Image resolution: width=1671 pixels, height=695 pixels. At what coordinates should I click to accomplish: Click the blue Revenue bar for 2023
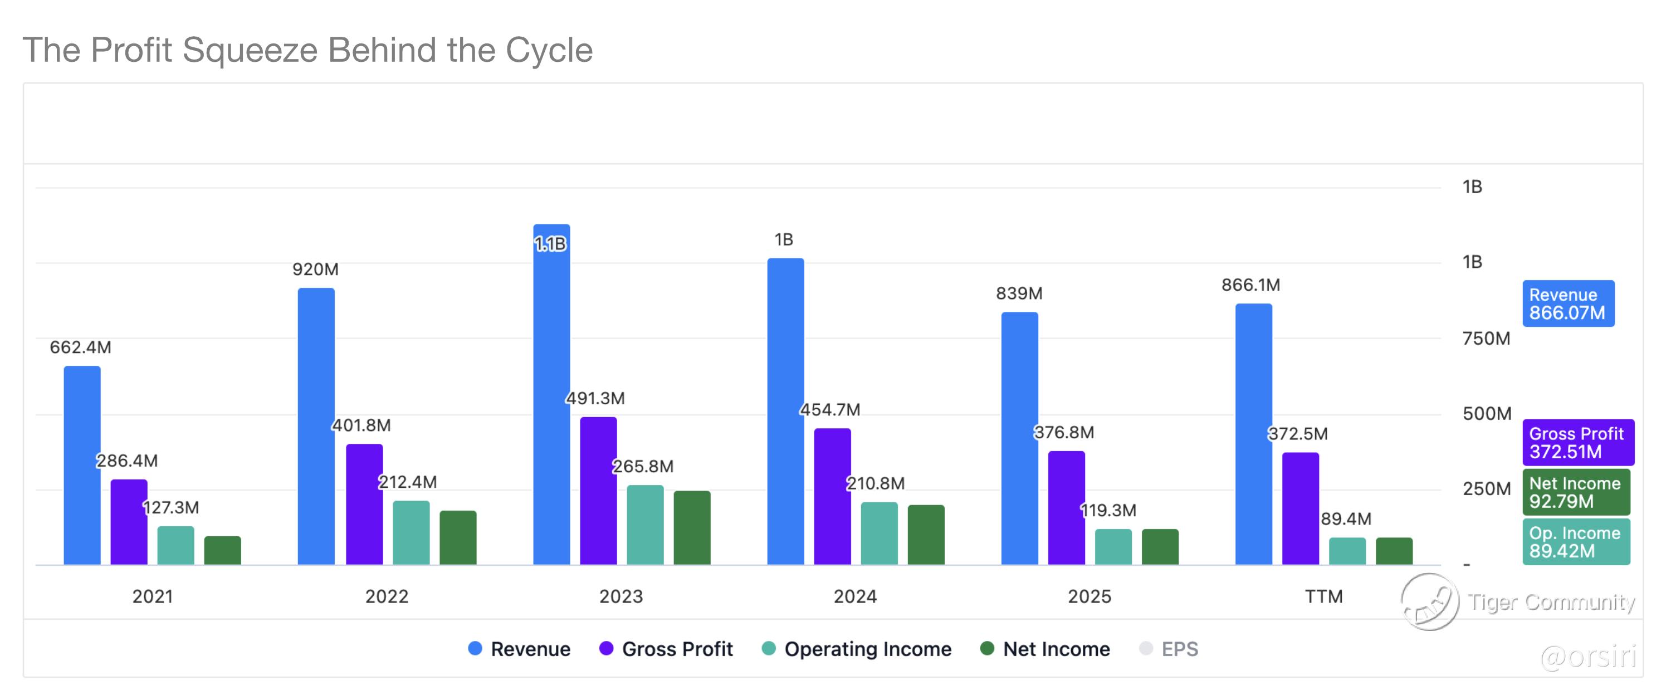coord(551,394)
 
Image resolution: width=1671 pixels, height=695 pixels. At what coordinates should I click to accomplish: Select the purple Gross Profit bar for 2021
coord(129,522)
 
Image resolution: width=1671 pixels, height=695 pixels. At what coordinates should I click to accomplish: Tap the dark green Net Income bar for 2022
coord(458,537)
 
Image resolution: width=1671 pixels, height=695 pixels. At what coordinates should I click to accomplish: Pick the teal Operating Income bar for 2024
coord(879,533)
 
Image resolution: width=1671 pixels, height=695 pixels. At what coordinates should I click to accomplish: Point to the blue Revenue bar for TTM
coord(1253,434)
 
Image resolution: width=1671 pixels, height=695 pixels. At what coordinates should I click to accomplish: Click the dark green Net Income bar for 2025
coord(1160,546)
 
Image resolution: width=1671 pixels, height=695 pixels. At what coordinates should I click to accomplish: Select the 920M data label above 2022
coord(315,269)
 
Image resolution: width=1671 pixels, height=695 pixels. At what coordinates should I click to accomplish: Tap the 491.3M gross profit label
coord(595,398)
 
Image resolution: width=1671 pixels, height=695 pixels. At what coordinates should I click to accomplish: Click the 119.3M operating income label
coord(1108,510)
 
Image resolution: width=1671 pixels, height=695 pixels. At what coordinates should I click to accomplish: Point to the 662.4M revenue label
coord(80,347)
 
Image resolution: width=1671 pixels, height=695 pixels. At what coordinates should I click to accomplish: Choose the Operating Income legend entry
coord(856,649)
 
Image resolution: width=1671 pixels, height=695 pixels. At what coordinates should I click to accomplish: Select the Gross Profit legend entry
coord(666,649)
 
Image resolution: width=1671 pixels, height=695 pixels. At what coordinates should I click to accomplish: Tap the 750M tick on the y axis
coord(1486,339)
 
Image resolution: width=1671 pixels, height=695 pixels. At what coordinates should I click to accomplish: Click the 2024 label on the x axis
coord(855,596)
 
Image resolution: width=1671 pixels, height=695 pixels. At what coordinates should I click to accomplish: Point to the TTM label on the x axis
coord(1323,596)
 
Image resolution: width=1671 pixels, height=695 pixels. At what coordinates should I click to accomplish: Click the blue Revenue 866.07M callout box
coord(1569,304)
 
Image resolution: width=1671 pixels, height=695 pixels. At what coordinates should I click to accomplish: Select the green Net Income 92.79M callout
coord(1576,492)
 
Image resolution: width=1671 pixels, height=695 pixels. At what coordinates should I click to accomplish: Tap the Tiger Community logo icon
coord(1430,601)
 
